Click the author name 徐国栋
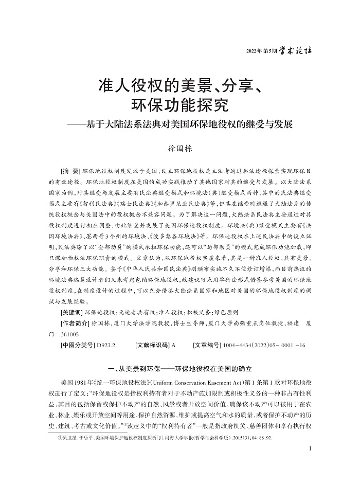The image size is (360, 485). [179, 149]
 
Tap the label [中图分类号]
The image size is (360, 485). [77, 345]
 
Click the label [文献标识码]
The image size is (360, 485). [152, 345]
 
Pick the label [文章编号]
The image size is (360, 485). [208, 345]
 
